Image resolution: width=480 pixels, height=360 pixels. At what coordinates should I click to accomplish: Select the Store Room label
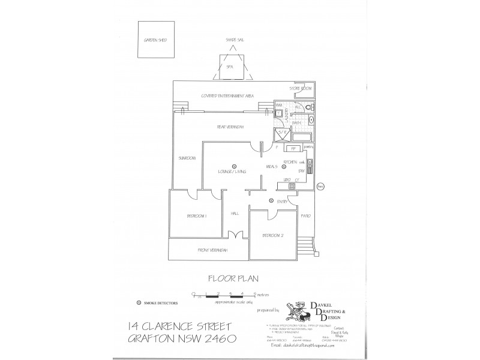(301, 88)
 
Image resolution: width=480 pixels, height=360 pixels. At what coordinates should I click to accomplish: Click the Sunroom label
(187, 158)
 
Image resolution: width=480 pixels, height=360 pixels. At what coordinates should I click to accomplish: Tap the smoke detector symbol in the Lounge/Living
(234, 166)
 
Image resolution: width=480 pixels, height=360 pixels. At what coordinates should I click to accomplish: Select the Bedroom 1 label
(197, 215)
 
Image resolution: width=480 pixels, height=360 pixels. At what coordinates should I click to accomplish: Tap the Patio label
(305, 215)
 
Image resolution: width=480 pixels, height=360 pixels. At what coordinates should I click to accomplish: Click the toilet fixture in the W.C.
(308, 107)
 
